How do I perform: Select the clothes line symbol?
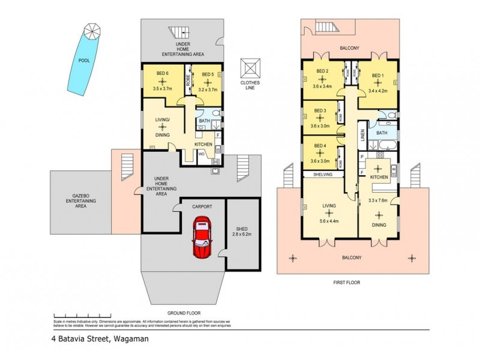tap(250, 67)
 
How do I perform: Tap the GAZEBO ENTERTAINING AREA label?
tap(80, 201)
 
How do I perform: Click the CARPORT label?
tap(202, 206)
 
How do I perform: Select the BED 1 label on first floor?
tap(377, 76)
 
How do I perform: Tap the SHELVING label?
tap(322, 175)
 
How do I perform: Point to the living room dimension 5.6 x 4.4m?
tap(329, 221)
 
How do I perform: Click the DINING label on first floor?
tap(379, 226)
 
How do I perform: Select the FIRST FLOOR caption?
tap(352, 282)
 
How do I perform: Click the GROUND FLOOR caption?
tap(183, 313)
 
